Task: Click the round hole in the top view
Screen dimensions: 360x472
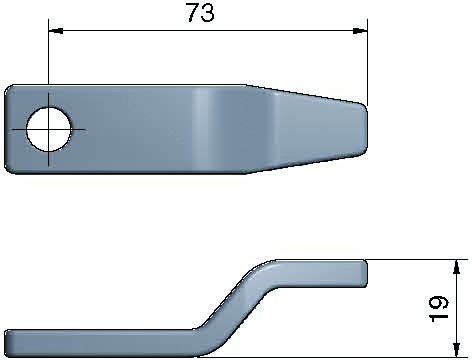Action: (49, 129)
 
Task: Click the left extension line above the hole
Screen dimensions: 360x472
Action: (48, 60)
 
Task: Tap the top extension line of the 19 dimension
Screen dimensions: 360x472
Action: (415, 259)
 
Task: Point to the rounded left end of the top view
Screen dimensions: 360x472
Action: (12, 129)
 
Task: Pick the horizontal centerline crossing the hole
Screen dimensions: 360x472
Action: (75, 130)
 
